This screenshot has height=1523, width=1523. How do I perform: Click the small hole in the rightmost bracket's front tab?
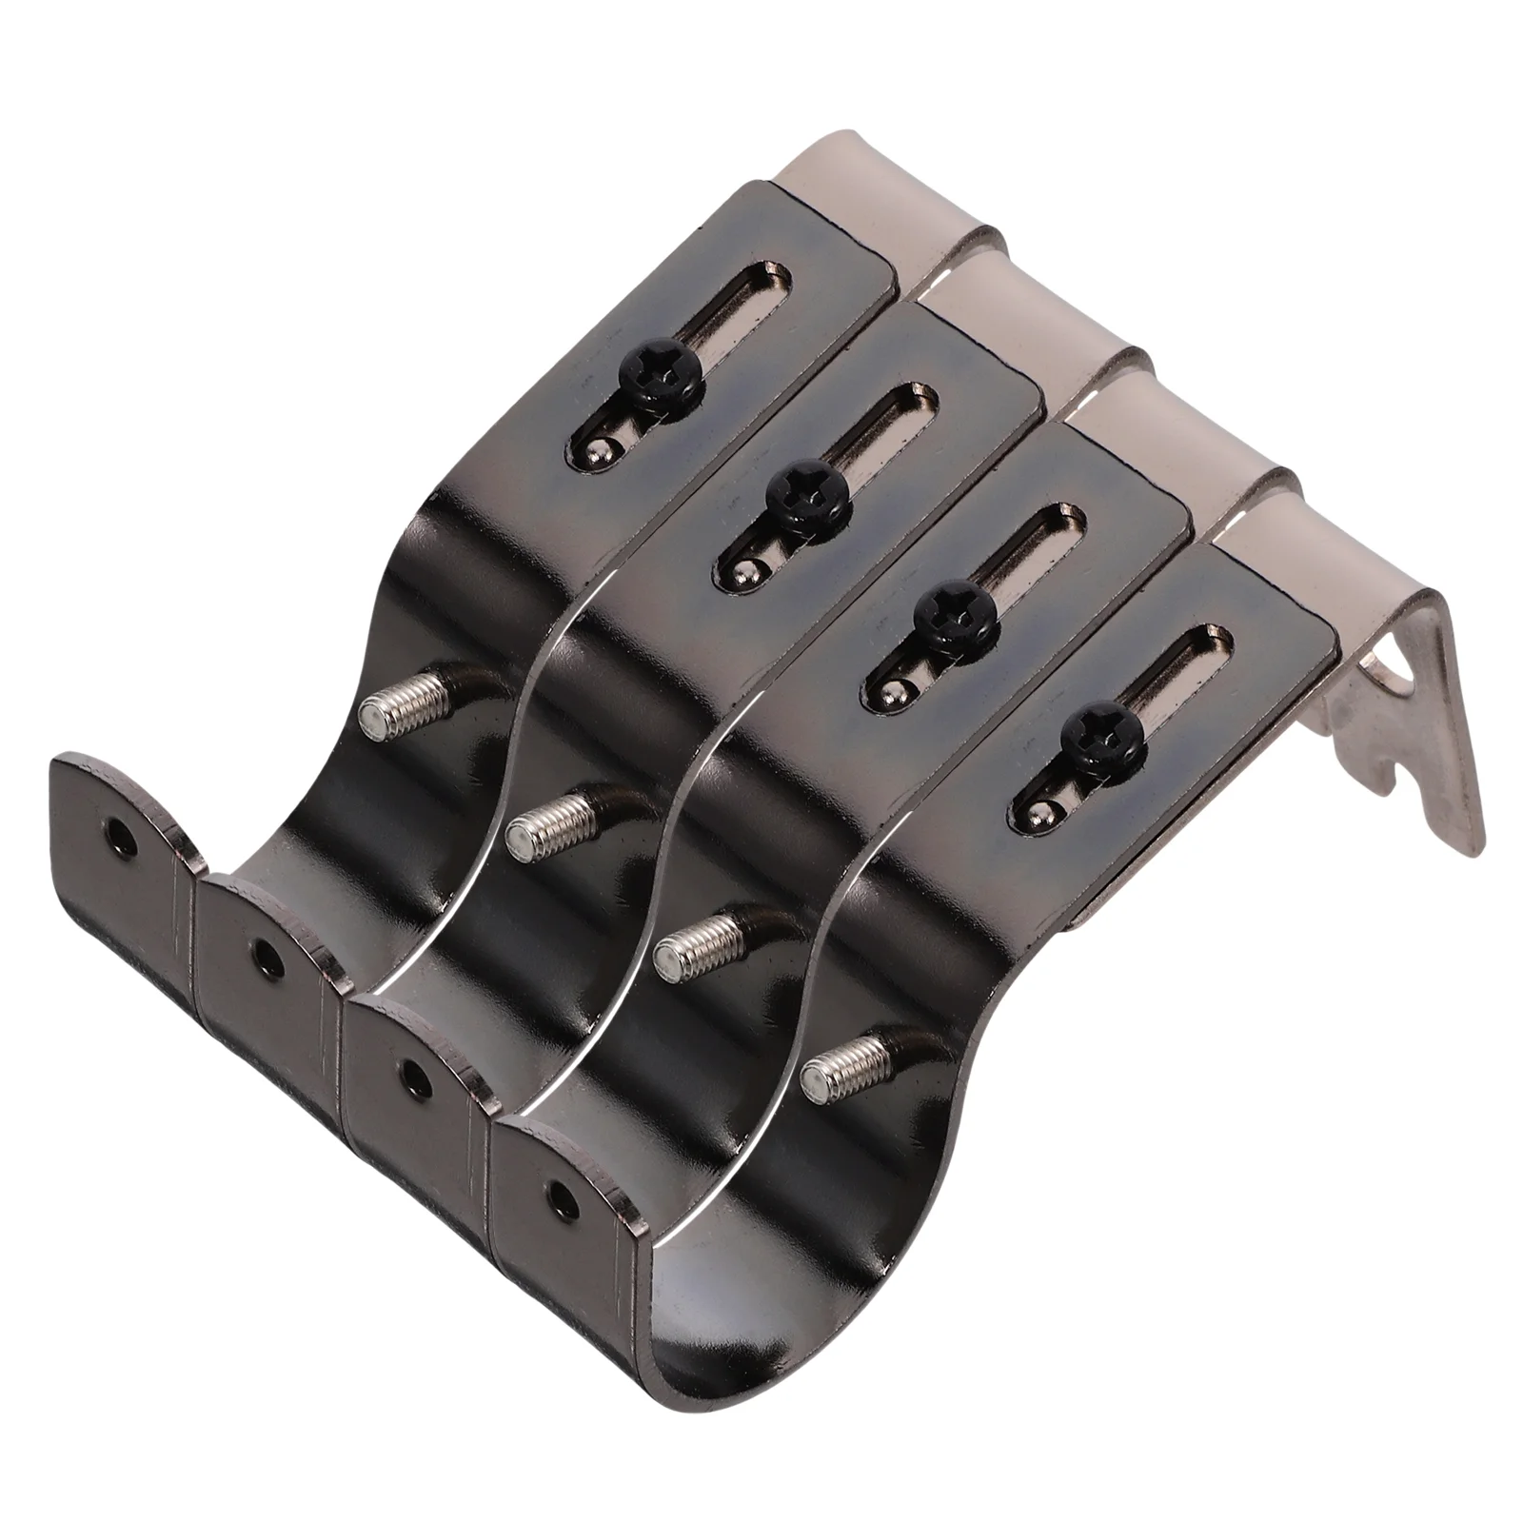point(559,1195)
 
